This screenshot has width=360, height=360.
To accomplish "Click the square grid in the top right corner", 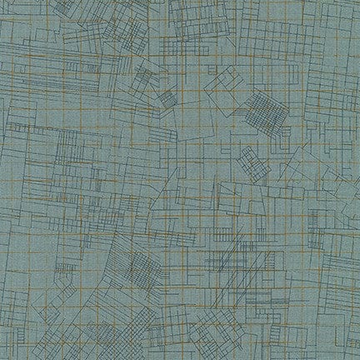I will [333, 17].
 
